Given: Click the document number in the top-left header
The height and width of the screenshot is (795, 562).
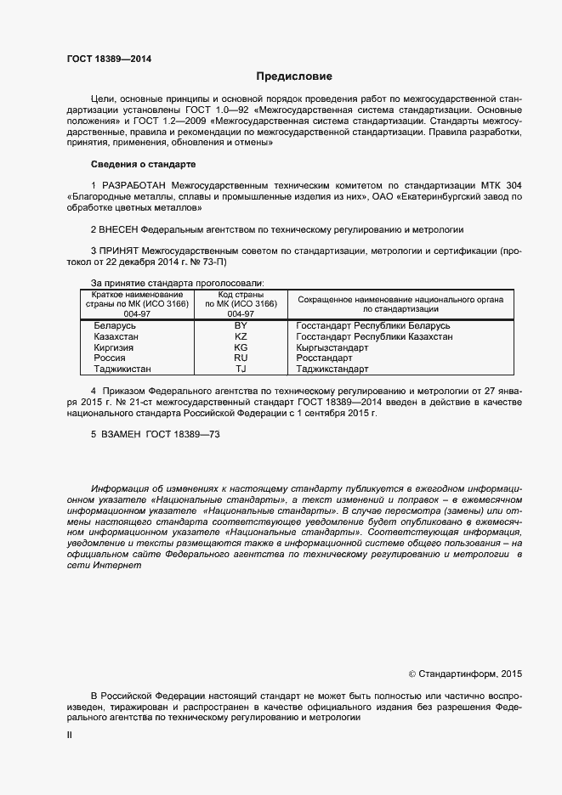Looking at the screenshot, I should coord(110,59).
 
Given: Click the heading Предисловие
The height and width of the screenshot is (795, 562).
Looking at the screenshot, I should coord(281,76).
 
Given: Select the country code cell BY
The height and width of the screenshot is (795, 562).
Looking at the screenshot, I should coord(241,326).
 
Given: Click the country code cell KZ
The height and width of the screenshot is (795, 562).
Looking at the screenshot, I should coord(241,337).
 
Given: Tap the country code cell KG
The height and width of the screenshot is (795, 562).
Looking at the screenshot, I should coord(241,348).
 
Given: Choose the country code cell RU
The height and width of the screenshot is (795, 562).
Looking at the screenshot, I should coord(241,358).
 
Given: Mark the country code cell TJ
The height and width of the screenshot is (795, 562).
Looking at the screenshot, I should coord(241,369).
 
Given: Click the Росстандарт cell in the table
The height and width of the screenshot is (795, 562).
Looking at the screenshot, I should coord(321,358).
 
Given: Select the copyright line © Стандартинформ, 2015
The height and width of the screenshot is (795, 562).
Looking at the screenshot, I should coord(464,674).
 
